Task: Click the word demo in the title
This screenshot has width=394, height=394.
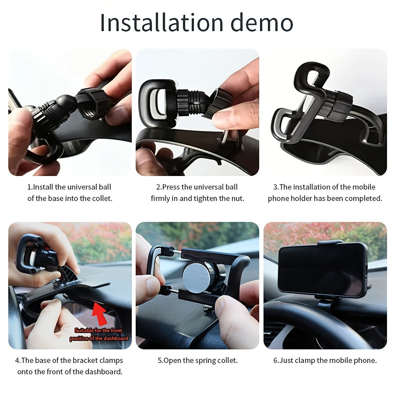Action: point(261,23)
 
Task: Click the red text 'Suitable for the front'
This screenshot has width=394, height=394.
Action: point(98,331)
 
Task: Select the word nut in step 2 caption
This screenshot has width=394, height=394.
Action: point(238,198)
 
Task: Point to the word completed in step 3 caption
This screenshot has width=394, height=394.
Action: point(363,198)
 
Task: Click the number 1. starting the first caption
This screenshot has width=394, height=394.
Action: point(30,187)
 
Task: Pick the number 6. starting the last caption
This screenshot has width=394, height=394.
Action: point(276,361)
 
